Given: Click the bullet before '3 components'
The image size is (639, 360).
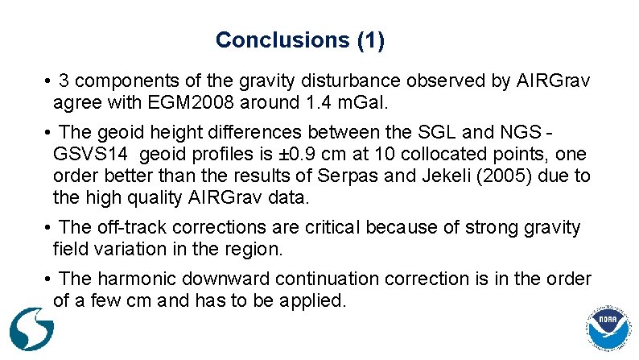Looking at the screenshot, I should click(x=49, y=81).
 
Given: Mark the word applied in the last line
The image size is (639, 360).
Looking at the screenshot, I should click(x=316, y=301).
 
